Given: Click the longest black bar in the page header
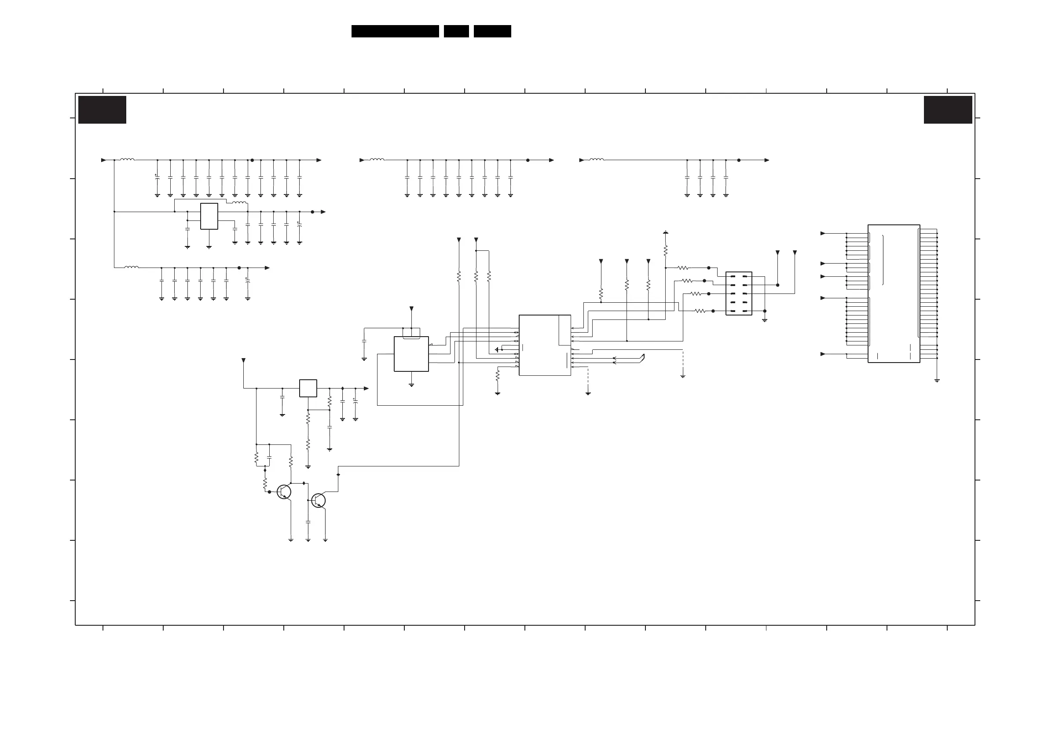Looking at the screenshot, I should click(395, 31).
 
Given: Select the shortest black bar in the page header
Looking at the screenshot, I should click(456, 31).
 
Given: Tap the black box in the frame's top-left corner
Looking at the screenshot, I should click(102, 110).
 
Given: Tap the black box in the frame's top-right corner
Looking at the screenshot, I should click(948, 110).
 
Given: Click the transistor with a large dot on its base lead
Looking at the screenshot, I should click(284, 492).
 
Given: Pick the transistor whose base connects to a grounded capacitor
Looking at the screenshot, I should click(318, 500).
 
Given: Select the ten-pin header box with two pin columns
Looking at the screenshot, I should click(739, 293).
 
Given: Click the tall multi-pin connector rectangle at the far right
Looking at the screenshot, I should click(893, 293).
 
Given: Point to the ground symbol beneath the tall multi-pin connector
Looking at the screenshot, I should click(937, 380).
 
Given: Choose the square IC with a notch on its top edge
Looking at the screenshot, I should click(411, 354).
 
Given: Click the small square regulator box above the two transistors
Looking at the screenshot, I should click(308, 388).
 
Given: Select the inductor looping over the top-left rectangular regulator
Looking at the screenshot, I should click(240, 202).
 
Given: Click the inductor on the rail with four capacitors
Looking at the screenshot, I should click(597, 159).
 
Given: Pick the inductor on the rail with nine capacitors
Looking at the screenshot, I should click(377, 159).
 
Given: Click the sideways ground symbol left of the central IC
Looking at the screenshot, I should click(497, 350).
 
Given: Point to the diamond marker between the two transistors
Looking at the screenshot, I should click(304, 483).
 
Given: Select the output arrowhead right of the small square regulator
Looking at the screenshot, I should click(366, 389).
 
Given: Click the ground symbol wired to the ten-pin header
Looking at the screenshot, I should click(765, 320).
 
